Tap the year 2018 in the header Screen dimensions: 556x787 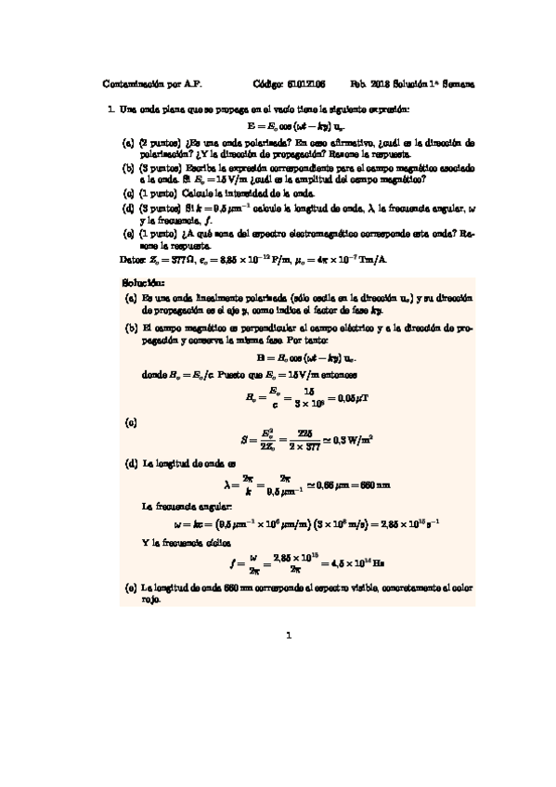coord(379,83)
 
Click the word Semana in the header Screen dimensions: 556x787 coord(455,83)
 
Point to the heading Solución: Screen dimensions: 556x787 coord(143,280)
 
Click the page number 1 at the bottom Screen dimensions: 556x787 coord(289,637)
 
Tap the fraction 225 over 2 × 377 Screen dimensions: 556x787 coord(297,439)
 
